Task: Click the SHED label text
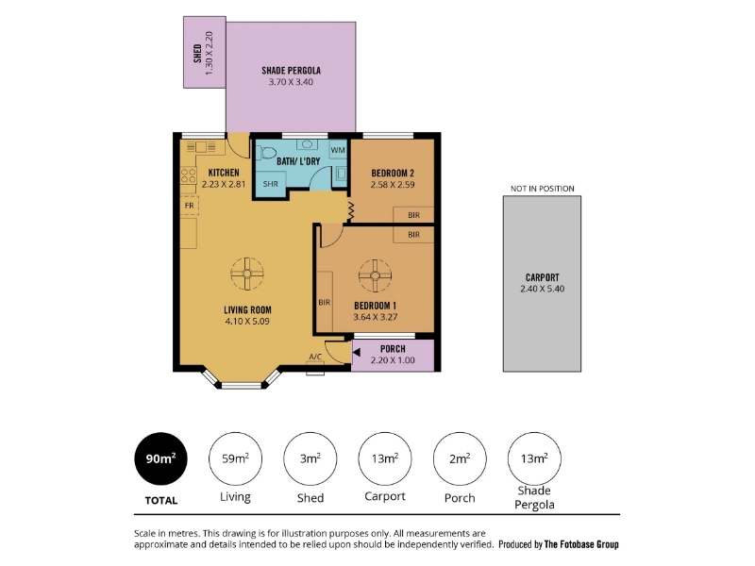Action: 197,54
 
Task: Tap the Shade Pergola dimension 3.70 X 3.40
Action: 291,82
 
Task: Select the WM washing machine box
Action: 338,150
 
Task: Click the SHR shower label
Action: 271,184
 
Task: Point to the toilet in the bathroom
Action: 266,153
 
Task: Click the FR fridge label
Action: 190,206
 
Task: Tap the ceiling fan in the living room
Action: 247,274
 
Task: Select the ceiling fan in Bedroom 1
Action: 375,275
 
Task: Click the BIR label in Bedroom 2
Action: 413,215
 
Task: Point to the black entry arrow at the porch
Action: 357,352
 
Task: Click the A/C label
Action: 315,357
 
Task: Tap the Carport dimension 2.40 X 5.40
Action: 542,289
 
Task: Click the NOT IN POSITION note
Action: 542,189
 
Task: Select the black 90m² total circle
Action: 160,458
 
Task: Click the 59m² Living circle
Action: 235,458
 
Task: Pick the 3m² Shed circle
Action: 310,458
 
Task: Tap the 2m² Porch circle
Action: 460,458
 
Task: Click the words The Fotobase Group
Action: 581,544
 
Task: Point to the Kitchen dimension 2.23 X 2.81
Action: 224,184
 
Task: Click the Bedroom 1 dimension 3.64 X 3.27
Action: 375,317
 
